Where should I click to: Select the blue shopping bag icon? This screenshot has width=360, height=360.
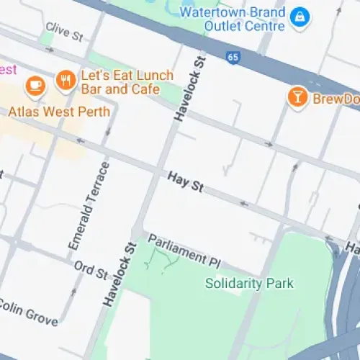pos(297,15)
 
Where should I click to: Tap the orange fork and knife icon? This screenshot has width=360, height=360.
pos(66,81)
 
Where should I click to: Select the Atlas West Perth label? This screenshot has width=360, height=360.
pos(59,112)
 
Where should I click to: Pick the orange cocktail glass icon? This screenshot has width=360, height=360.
pos(296,97)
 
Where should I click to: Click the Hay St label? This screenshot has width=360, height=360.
pos(186,181)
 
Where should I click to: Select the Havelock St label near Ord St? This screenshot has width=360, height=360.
pos(120,274)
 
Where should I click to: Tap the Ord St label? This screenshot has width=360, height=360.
pos(90,271)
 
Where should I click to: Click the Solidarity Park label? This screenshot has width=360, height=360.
pos(249,283)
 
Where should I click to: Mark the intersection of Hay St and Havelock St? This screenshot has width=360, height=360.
pos(160,171)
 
